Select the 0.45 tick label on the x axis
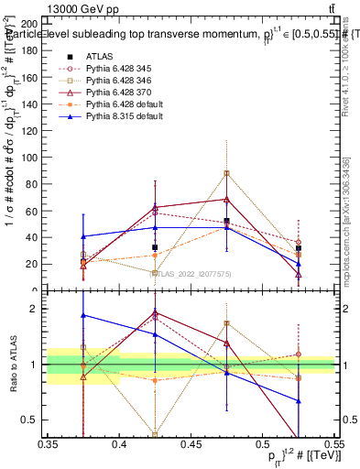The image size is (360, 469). tap(191, 444)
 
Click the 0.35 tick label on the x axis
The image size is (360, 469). tap(49, 444)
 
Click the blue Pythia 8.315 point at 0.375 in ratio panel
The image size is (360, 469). tap(83, 315)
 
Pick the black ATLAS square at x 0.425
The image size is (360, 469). tap(155, 247)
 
